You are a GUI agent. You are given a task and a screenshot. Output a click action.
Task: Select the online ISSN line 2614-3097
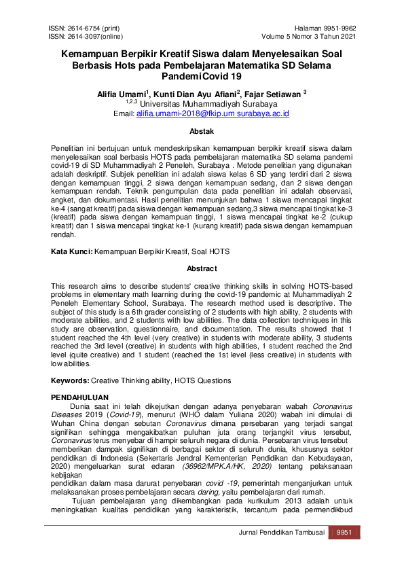[87, 37]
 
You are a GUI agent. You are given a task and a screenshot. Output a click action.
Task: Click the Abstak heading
[201, 131]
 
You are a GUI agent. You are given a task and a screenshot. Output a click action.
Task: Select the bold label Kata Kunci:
[72, 251]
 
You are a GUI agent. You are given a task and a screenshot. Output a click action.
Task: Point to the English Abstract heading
[201, 268]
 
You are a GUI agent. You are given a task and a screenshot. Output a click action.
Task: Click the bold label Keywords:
[71, 380]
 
